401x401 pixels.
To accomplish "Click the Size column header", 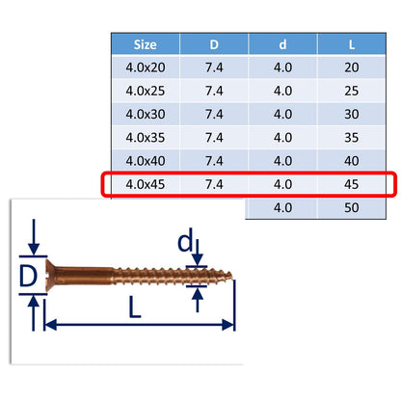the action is tap(146, 44).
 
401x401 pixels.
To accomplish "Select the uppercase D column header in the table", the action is tap(214, 44).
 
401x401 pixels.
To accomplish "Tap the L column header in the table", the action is tap(352, 44).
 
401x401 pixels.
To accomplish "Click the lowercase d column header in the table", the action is tap(282, 44).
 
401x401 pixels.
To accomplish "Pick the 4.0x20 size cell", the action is tap(146, 67).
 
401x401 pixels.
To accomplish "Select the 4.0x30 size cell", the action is tap(146, 114).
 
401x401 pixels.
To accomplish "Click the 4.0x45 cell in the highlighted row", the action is tap(146, 184).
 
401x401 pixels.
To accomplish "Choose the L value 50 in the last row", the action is tap(352, 207).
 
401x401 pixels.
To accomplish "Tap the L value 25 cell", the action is tap(352, 91).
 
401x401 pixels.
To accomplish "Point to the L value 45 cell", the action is tap(352, 184).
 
